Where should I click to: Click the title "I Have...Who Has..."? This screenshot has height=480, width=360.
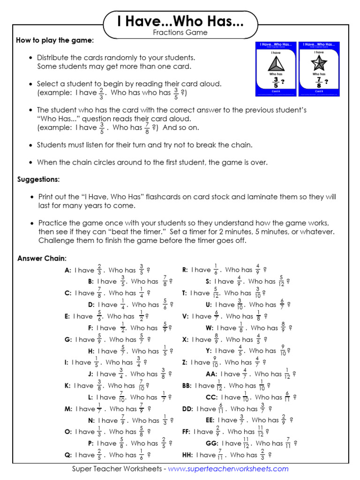tap(180, 22)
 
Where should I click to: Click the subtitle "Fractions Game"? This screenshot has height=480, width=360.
tap(180, 33)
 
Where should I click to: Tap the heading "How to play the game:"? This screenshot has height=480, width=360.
tap(55, 41)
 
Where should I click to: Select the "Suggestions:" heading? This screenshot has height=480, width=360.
tap(38, 180)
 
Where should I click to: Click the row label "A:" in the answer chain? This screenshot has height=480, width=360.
tap(68, 270)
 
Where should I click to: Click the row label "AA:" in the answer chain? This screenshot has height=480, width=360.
tap(211, 374)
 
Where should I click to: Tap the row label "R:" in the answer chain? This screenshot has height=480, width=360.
tap(185, 270)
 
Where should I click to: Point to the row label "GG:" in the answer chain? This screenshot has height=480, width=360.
tap(212, 443)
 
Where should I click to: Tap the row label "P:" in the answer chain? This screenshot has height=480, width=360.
tap(91, 443)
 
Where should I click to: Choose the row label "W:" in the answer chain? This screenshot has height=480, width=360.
tap(210, 328)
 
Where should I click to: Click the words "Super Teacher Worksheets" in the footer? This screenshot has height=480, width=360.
tap(116, 469)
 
